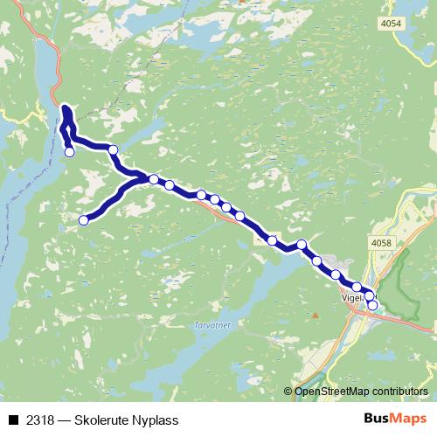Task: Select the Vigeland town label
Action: click(x=350, y=296)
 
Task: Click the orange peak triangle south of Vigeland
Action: click(x=316, y=313)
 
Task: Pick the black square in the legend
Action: click(x=13, y=420)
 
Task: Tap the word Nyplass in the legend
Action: click(x=156, y=420)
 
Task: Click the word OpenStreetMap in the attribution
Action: click(x=329, y=392)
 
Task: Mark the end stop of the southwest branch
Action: click(x=84, y=220)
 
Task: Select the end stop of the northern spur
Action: click(x=70, y=152)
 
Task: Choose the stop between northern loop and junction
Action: click(x=113, y=150)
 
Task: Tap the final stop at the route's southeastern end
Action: click(x=372, y=305)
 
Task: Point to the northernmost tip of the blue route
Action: click(x=66, y=108)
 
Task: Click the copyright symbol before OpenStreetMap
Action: click(x=289, y=392)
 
